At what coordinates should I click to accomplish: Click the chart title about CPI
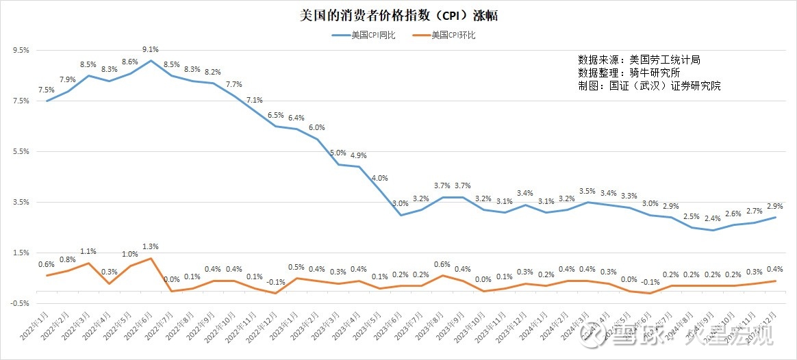tap(398, 16)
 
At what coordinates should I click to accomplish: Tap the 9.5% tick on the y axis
tap(21, 51)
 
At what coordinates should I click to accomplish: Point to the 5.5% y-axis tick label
tap(21, 152)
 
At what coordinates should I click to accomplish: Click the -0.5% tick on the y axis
tap(21, 303)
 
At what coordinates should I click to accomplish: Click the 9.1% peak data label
tap(151, 50)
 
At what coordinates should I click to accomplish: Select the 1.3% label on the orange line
tap(151, 247)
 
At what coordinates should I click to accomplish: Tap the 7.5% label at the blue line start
tap(47, 90)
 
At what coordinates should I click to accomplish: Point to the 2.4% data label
tap(713, 219)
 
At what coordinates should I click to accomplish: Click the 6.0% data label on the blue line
tap(317, 128)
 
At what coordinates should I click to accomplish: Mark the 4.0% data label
tap(379, 179)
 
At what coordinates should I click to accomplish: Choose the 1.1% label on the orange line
tap(88, 252)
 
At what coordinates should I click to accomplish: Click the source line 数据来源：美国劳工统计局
tap(639, 60)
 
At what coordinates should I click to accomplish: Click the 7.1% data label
tap(255, 101)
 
